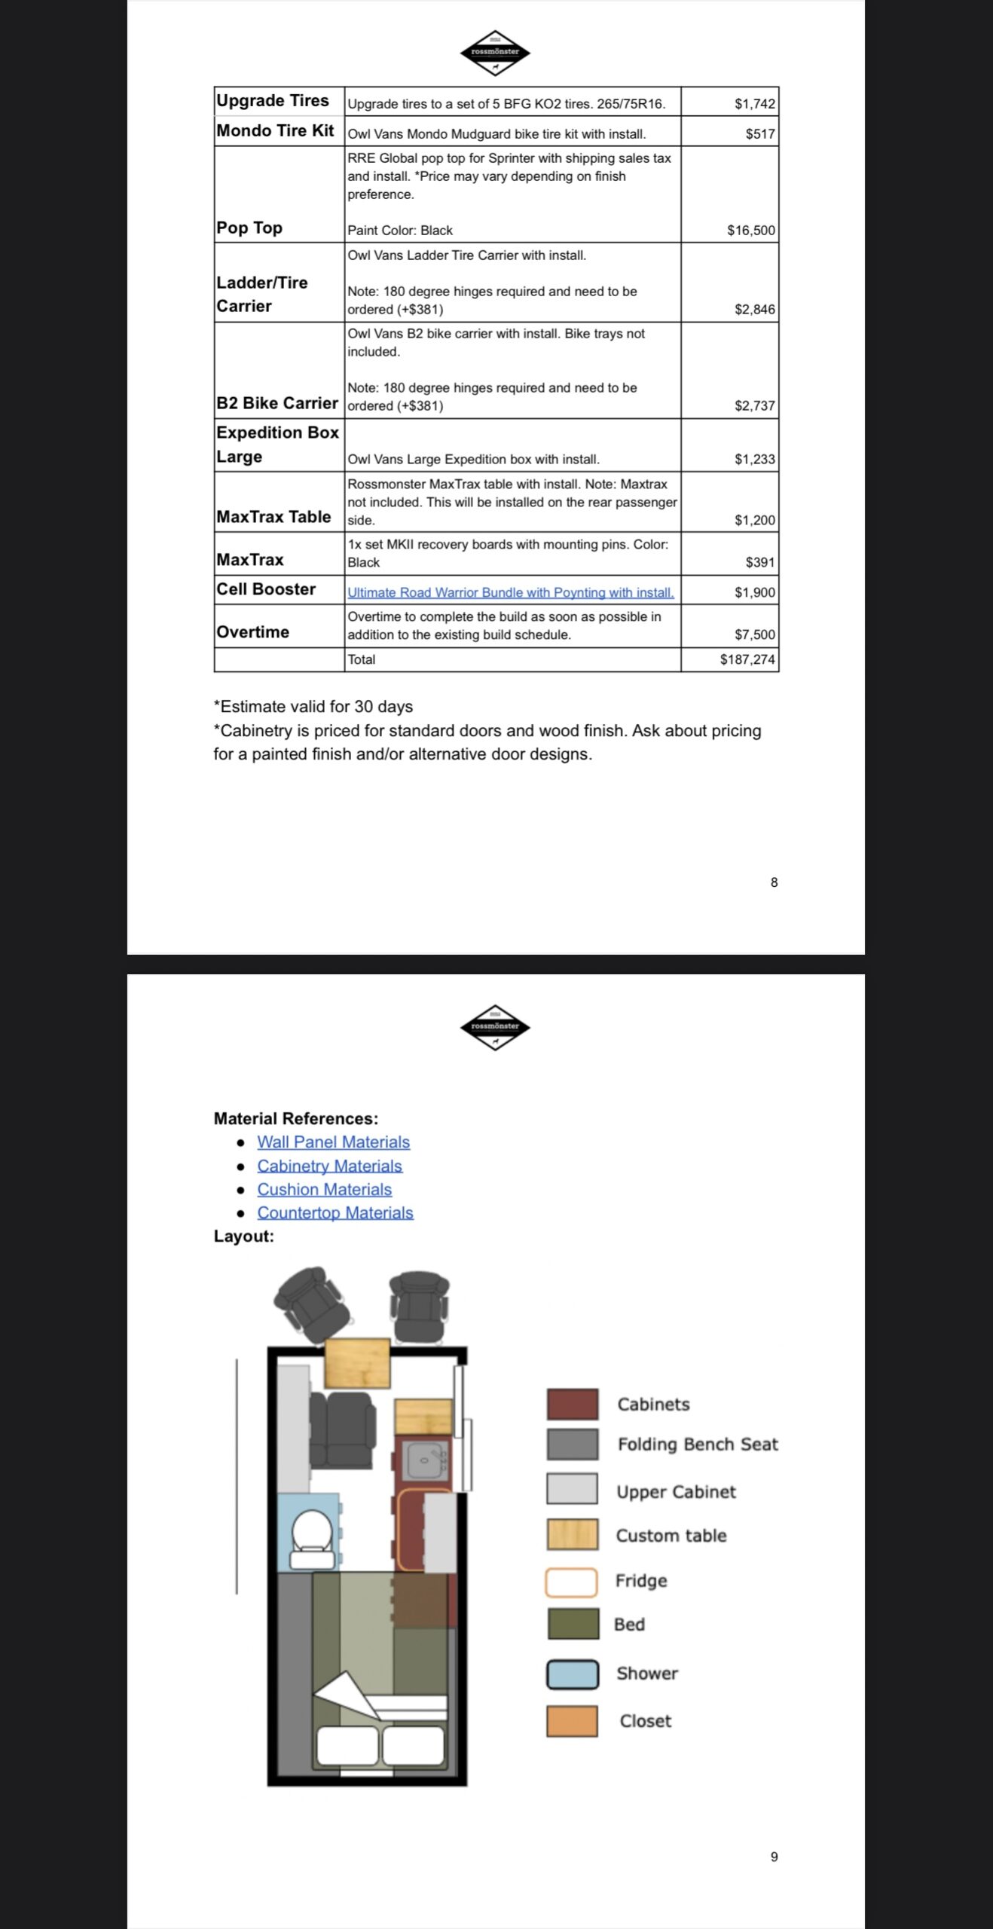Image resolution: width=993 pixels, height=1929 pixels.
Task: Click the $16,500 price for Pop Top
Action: point(750,231)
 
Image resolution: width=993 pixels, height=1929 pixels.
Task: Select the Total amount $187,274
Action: point(747,659)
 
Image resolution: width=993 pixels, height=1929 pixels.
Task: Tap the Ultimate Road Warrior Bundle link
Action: point(510,592)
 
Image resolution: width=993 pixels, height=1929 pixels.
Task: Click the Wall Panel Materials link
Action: point(333,1142)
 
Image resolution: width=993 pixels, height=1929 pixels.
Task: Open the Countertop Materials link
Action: point(335,1212)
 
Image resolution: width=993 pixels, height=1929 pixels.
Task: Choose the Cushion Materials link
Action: point(324,1189)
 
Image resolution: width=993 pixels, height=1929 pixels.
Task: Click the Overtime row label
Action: point(252,632)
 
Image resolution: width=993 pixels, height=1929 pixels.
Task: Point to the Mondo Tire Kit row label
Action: point(275,131)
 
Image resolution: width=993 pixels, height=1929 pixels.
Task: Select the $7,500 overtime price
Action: point(754,634)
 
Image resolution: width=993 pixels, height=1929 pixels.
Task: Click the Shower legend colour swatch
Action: point(572,1674)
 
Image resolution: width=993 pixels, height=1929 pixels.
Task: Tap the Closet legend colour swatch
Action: point(572,1721)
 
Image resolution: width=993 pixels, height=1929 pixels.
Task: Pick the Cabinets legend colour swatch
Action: point(572,1404)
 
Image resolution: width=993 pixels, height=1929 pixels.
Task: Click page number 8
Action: point(774,882)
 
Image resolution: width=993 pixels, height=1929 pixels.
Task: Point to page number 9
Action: point(774,1857)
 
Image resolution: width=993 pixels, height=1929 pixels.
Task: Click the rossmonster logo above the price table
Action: point(495,53)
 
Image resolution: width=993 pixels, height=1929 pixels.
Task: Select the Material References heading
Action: point(295,1119)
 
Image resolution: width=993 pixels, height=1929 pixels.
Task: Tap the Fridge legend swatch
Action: point(571,1582)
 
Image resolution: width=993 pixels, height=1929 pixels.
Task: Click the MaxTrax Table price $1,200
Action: point(754,520)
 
